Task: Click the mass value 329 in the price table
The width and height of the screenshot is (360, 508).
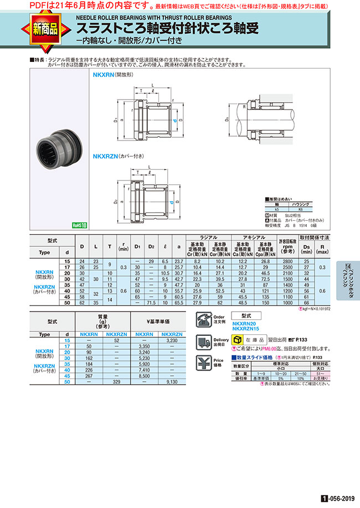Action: point(116,382)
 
